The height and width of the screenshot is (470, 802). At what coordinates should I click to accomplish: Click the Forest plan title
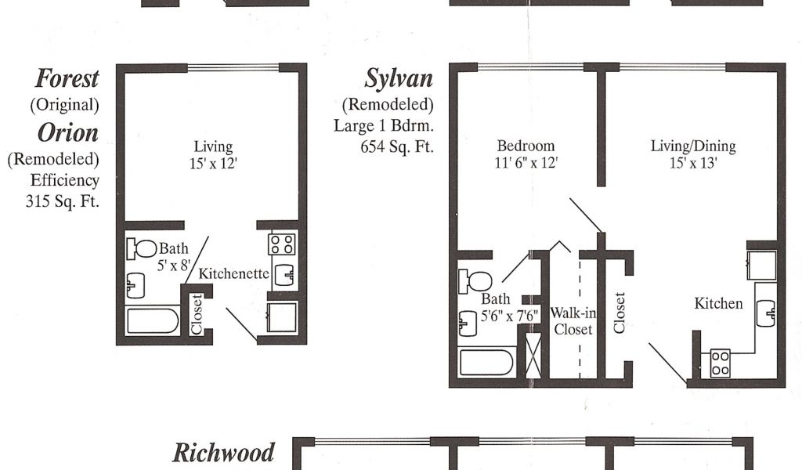click(67, 78)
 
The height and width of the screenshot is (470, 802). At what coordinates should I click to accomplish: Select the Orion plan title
click(68, 132)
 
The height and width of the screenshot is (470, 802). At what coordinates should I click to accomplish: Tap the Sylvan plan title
click(399, 78)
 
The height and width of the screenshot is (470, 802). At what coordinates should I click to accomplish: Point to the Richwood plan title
click(224, 453)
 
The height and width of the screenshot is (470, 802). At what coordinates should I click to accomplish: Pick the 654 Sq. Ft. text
click(396, 146)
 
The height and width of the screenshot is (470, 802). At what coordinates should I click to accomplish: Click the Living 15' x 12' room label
click(213, 154)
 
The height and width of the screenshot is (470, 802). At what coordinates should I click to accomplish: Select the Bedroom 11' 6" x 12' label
click(526, 154)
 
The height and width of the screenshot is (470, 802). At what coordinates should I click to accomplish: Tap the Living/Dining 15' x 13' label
click(693, 154)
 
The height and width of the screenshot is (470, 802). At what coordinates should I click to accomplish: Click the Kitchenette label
click(234, 274)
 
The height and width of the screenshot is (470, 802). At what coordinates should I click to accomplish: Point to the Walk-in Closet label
click(573, 321)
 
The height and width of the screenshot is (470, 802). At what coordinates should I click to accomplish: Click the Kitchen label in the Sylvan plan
click(718, 303)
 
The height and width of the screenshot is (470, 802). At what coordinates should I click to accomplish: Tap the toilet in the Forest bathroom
click(143, 248)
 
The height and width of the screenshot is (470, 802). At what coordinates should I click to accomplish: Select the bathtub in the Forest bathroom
click(153, 321)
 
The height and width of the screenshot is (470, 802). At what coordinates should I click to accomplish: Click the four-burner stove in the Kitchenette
click(281, 244)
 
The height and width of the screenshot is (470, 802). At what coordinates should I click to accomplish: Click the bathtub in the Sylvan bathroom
click(487, 362)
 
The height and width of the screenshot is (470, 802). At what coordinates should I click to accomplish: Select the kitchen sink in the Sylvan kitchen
click(766, 313)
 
